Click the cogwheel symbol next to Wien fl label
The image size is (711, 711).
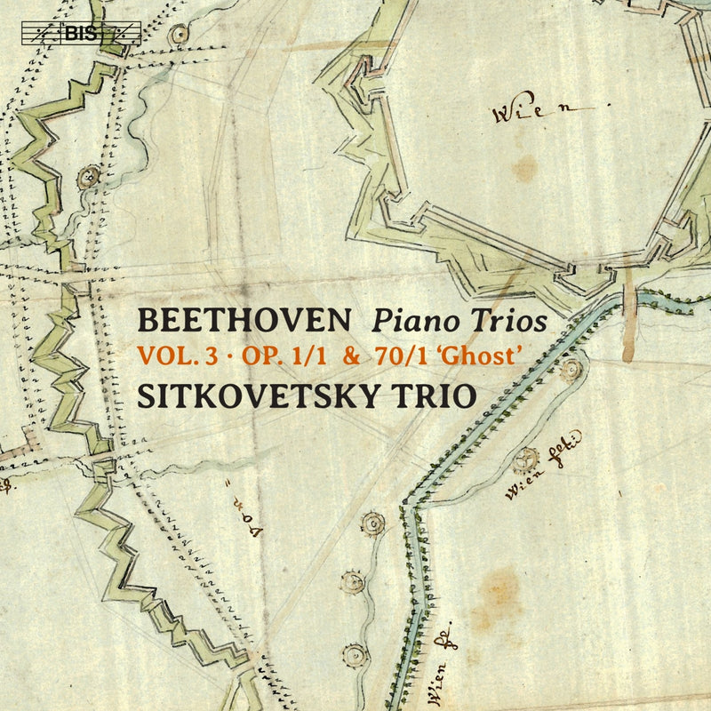pyautogui.click(x=527, y=459)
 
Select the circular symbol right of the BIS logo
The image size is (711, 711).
pyautogui.click(x=181, y=34)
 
